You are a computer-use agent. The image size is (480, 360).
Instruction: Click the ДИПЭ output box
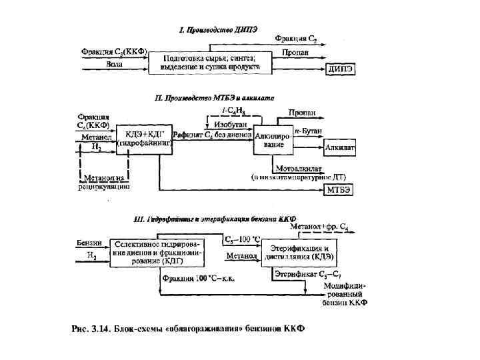coord(340,69)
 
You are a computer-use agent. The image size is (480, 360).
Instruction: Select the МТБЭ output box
coord(339,190)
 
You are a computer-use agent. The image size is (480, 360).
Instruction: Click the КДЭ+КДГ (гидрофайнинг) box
coord(145,139)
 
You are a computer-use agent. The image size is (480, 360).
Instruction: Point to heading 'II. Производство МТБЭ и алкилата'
coord(209,98)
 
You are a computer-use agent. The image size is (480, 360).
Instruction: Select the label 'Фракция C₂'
coord(298,39)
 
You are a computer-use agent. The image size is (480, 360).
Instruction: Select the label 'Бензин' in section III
coord(89,242)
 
